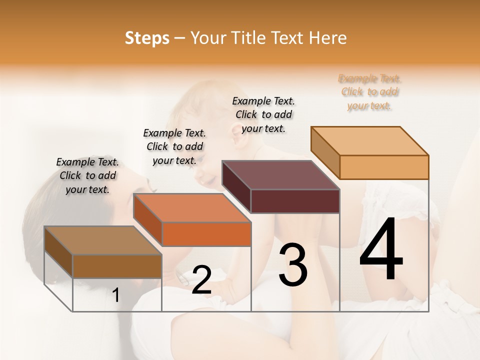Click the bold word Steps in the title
(147, 38)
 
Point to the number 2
(201, 280)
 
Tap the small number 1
(116, 295)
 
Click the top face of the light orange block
(369, 140)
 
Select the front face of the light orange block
(384, 167)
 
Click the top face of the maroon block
(280, 175)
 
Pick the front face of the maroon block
(295, 201)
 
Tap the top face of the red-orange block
(192, 207)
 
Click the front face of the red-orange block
(206, 234)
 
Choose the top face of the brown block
(103, 240)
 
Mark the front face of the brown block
(117, 266)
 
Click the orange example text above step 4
(370, 92)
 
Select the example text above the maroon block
(263, 114)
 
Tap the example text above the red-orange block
(174, 146)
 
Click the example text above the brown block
(87, 175)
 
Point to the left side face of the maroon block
(236, 187)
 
